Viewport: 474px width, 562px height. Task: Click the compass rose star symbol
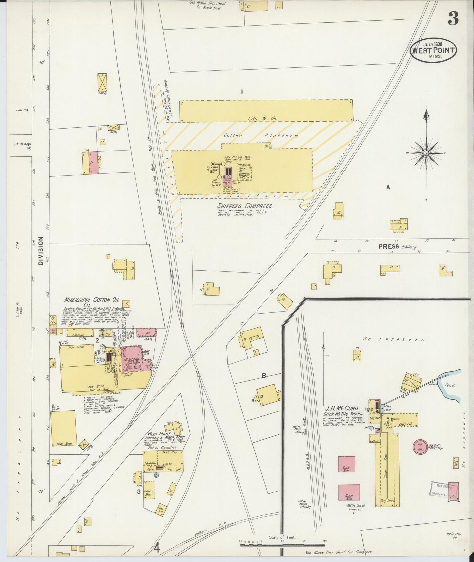click(x=426, y=153)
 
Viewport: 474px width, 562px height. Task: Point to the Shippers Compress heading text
click(x=245, y=206)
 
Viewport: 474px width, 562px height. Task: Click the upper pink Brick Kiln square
click(x=346, y=464)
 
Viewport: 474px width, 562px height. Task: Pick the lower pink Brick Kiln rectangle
click(x=349, y=492)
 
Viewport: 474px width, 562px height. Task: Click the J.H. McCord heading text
click(x=341, y=409)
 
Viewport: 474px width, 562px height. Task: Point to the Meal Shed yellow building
click(x=64, y=428)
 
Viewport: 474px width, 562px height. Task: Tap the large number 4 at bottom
click(x=157, y=548)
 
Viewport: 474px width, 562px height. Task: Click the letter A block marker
click(x=388, y=187)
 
